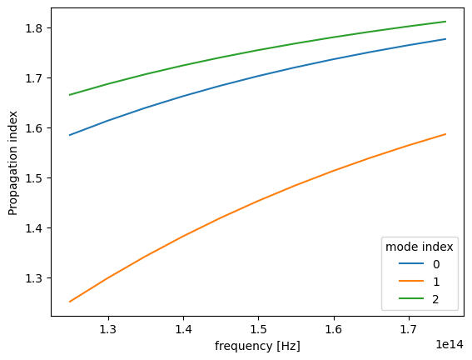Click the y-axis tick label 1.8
point(35,28)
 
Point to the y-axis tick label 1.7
point(35,78)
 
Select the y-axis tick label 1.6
point(35,128)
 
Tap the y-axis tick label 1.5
point(35,178)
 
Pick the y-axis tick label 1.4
point(35,228)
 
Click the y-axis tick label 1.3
point(35,278)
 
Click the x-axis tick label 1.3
point(107,330)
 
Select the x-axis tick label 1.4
point(182,330)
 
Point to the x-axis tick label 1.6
point(333,330)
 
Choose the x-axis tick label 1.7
point(408,330)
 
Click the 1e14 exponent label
point(450,342)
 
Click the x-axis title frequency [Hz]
point(257,346)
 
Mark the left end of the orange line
point(70,302)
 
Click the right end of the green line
point(446,22)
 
